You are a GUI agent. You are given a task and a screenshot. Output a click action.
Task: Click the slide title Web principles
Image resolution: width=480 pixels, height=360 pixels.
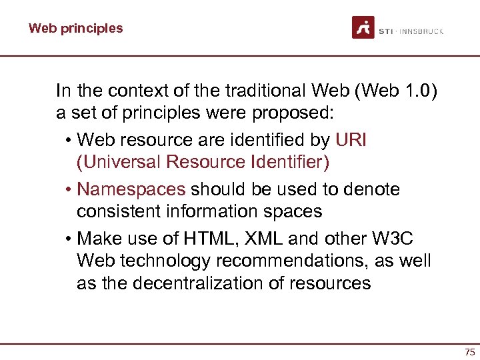[75, 28]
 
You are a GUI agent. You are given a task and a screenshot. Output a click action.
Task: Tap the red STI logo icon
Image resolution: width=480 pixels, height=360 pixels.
[363, 27]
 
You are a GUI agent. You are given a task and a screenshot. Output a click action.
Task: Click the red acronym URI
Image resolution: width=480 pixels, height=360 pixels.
[351, 140]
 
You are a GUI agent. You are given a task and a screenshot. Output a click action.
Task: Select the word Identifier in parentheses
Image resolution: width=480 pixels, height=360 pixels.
[288, 162]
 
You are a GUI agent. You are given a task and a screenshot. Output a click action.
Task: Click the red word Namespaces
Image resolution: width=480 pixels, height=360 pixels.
[131, 189]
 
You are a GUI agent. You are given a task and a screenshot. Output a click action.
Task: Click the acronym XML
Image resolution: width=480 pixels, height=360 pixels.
[262, 239]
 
